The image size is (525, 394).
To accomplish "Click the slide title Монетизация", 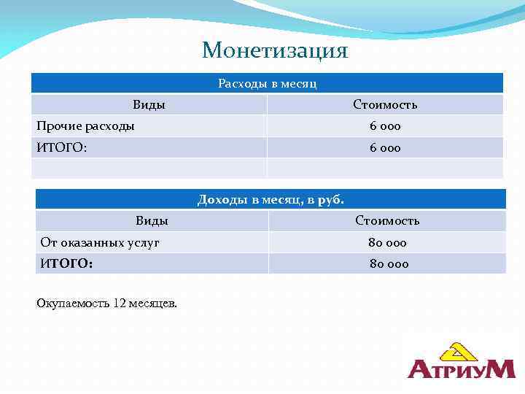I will click(x=275, y=50).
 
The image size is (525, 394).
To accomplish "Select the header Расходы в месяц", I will click(x=267, y=84).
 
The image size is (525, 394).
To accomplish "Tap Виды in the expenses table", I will click(x=149, y=105).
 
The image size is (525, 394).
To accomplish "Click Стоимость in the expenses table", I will click(x=385, y=105).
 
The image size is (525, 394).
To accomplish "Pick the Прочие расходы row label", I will click(x=85, y=126).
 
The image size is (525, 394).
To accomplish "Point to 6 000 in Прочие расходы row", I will click(x=385, y=126).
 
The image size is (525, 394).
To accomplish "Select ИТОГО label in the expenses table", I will click(x=61, y=148).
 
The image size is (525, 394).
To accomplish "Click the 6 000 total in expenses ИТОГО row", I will click(x=385, y=148).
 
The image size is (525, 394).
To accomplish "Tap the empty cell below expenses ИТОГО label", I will click(x=149, y=169).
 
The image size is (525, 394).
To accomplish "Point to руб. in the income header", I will click(x=330, y=199).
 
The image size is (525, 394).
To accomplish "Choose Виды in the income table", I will click(x=152, y=220).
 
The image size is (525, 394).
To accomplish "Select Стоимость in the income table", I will click(x=387, y=220).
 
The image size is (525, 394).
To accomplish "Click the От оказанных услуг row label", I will click(x=99, y=242).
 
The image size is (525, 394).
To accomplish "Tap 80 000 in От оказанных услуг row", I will click(x=387, y=242).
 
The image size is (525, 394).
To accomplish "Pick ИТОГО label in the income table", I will click(x=66, y=263).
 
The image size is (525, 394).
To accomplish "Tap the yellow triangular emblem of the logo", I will click(x=456, y=352).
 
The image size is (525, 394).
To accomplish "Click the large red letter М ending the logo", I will click(x=499, y=369).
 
